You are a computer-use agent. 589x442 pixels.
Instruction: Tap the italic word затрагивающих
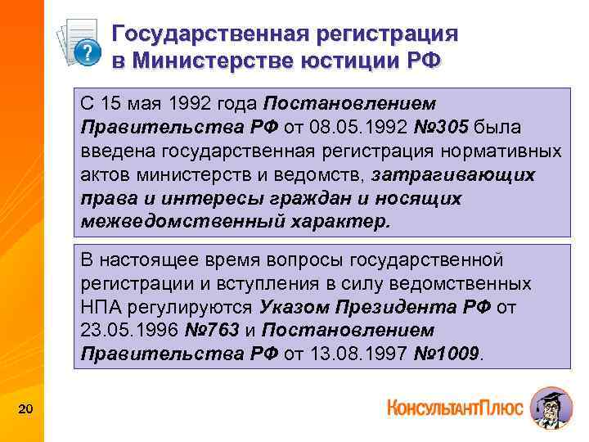point(453,175)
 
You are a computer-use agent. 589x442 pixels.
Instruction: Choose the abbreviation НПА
point(101,307)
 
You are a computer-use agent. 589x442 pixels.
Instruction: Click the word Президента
point(391,307)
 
